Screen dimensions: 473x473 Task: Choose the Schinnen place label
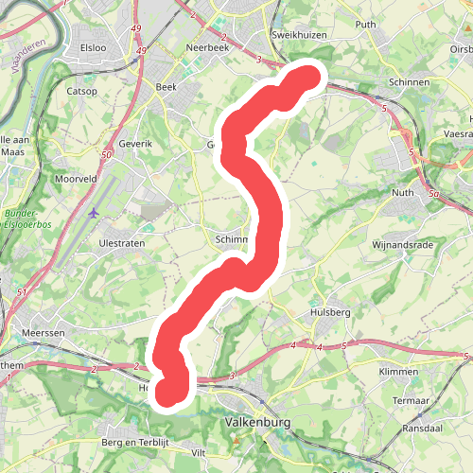point(409,82)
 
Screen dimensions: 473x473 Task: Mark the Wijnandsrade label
point(402,244)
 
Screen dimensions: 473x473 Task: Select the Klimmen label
point(398,372)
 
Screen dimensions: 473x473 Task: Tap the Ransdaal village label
point(423,429)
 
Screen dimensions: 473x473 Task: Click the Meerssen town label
point(42,336)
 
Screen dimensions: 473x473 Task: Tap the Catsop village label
point(83,93)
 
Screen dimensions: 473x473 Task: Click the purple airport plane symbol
point(93,212)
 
